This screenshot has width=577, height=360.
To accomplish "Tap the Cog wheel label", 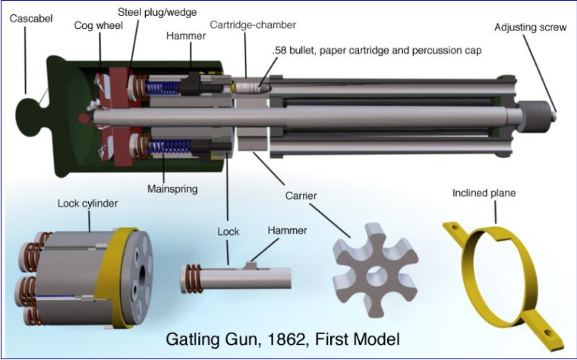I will [94, 26].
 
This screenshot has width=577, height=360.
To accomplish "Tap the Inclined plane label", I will [484, 193].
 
